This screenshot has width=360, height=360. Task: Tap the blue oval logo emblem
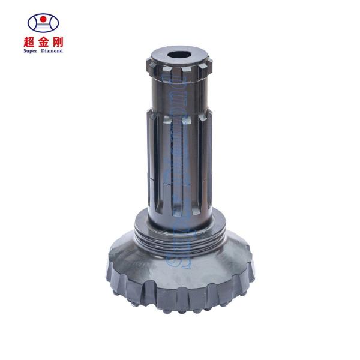44,23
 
